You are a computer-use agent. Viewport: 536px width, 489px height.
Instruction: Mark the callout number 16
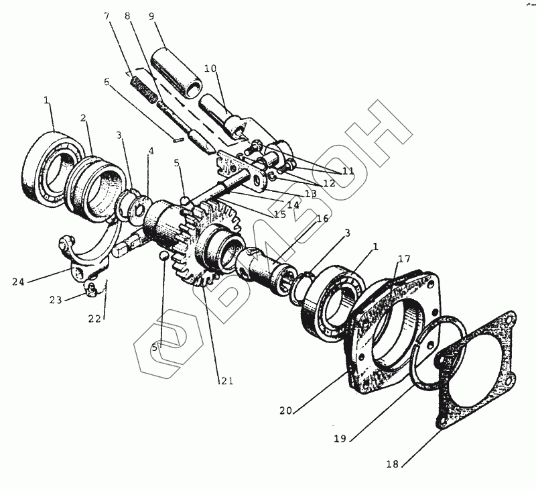point(323,219)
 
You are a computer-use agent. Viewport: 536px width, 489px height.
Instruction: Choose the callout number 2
point(84,118)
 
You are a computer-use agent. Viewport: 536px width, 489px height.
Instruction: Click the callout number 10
point(210,68)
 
